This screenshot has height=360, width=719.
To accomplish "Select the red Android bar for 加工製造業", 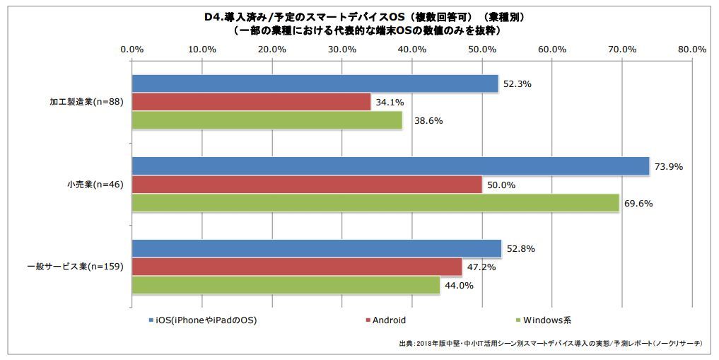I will coord(251,102).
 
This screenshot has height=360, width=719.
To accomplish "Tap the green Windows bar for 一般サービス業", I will coord(286,285).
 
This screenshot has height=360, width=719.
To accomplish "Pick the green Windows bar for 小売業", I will coord(375,203).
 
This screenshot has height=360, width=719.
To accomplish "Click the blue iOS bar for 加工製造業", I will coord(315,83).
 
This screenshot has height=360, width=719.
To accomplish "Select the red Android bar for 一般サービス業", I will coord(297,267).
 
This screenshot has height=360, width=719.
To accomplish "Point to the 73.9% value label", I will coord(669,166).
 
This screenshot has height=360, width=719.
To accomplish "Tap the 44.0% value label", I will coord(459,286).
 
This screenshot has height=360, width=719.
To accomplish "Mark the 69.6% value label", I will coord(638,204).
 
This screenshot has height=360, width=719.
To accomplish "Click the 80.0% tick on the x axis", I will coord(691,49).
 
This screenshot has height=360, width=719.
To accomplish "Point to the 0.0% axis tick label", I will coord(132,49).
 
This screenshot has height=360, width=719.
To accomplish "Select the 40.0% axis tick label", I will coord(411,49).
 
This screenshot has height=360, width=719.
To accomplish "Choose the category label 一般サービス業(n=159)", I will coord(76,267).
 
